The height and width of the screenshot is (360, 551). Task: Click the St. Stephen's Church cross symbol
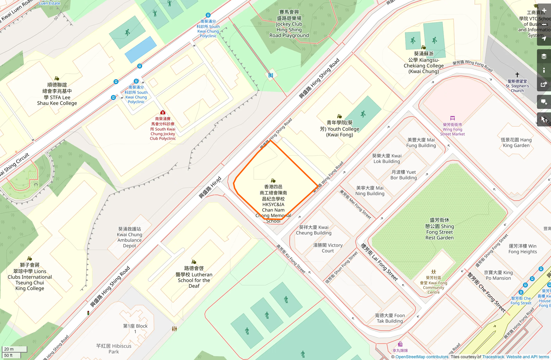tap(517, 75)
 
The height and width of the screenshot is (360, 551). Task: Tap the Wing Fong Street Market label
tap(452, 129)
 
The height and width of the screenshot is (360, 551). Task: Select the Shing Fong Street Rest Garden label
tap(439, 229)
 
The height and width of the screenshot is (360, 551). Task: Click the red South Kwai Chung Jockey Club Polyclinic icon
tap(163, 112)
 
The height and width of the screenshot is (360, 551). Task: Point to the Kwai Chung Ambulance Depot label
tap(130, 237)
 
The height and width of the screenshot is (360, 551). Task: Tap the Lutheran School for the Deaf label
tap(194, 277)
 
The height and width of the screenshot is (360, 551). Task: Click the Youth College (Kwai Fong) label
tap(339, 129)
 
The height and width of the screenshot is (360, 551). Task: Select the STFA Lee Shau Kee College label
tap(57, 94)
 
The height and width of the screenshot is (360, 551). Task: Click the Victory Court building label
tap(328, 248)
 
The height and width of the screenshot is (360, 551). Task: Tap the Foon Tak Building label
tap(390, 318)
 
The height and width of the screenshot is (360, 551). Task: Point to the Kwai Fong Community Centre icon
tap(433, 272)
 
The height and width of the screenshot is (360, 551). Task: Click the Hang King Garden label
tap(516, 143)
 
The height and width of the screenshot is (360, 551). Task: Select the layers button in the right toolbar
tap(544, 57)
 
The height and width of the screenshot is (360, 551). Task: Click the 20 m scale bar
tap(14, 349)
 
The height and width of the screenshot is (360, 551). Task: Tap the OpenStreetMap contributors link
tap(422, 357)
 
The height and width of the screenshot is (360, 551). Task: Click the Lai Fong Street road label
tap(379, 262)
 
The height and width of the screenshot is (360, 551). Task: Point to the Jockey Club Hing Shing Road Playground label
tap(289, 24)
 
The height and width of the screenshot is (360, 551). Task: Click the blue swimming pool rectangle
tap(140, 49)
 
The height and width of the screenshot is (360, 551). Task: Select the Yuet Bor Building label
tap(404, 175)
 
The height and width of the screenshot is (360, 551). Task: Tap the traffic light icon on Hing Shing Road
tap(88, 313)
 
